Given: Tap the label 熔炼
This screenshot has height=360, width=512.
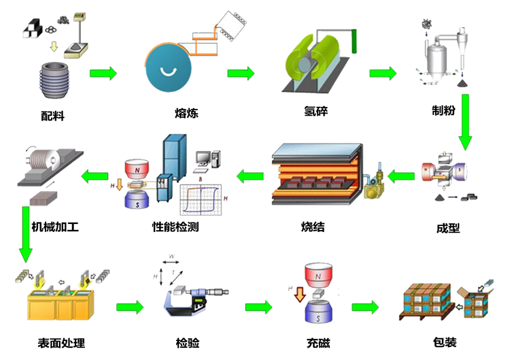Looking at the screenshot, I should point(186,113).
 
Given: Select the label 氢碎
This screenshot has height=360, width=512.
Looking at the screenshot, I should point(315,111).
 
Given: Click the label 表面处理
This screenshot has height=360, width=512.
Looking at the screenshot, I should point(61,342).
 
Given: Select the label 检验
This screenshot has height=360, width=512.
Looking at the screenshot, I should point(187,342).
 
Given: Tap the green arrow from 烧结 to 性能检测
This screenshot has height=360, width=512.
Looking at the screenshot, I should point(250,178).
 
